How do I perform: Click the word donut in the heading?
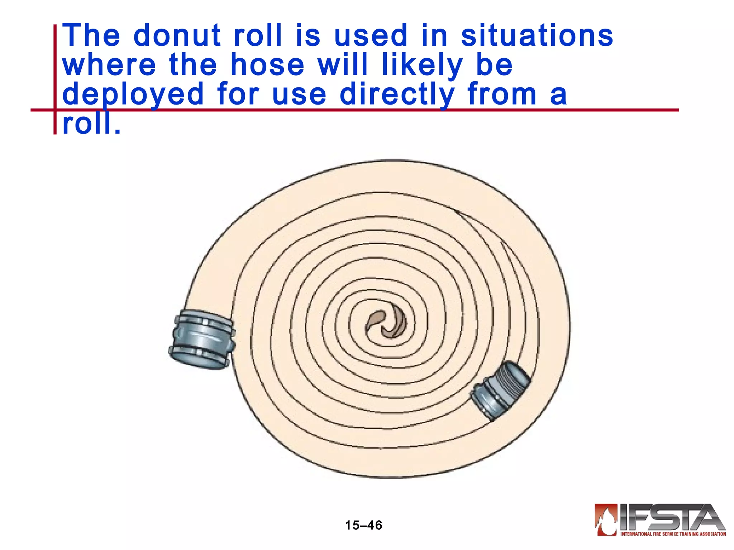(177, 35)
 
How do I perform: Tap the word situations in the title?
(537, 35)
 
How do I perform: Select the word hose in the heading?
(267, 65)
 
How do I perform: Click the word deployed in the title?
(133, 95)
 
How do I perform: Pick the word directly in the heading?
(397, 95)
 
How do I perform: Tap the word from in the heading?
(502, 95)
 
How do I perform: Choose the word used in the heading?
(371, 35)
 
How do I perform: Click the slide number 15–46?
(363, 525)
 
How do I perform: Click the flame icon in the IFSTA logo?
(606, 519)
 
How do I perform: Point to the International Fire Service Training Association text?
(673, 534)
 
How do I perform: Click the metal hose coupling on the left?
(202, 339)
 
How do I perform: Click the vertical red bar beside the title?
(55, 79)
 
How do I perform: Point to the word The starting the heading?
(91, 35)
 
